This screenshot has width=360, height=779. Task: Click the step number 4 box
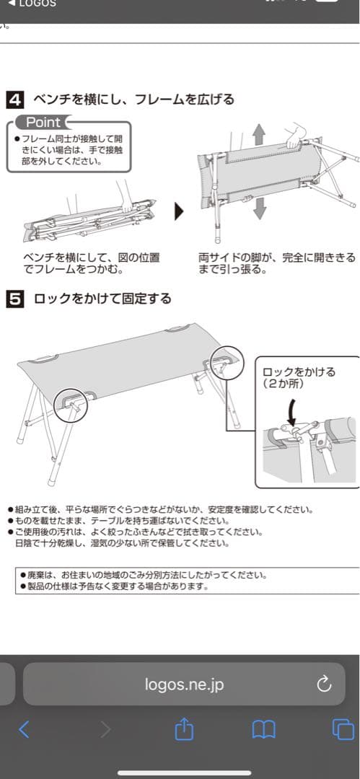tap(14, 100)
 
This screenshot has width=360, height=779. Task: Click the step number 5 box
tap(14, 298)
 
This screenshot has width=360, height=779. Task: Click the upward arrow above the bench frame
tap(260, 134)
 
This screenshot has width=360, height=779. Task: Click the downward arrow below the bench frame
tap(260, 207)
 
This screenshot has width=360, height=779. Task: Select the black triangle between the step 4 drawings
tap(179, 211)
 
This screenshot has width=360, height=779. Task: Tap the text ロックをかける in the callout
tap(299, 372)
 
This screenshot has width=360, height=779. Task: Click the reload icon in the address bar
tap(324, 684)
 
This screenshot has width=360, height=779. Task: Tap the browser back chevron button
tap(24, 730)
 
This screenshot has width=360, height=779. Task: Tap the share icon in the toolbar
tap(185, 729)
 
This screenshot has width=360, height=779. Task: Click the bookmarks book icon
tap(263, 730)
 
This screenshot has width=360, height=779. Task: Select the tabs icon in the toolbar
tap(343, 730)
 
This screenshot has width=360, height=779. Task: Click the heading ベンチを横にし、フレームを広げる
tap(133, 100)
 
